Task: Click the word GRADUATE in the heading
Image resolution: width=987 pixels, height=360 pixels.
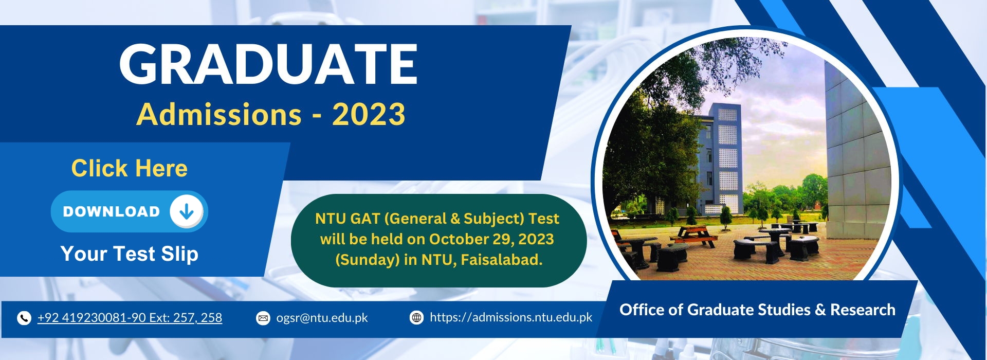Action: pyautogui.click(x=268, y=64)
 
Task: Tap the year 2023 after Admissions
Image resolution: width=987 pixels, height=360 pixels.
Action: pyautogui.click(x=369, y=114)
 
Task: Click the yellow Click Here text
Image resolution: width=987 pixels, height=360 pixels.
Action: pyautogui.click(x=130, y=168)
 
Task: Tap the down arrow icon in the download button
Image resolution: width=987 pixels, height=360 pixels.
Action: pyautogui.click(x=186, y=211)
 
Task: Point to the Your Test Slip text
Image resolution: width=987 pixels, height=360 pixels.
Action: pyautogui.click(x=130, y=254)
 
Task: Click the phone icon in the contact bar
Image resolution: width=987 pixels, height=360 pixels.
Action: pyautogui.click(x=24, y=318)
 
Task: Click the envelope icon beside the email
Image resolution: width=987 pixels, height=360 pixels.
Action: pyautogui.click(x=263, y=318)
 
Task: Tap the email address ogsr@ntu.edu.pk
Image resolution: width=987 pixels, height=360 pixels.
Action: pyautogui.click(x=322, y=318)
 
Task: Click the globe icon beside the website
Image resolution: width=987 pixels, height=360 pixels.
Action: pyautogui.click(x=416, y=318)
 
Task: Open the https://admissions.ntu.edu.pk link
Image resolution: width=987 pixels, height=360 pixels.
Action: pyautogui.click(x=511, y=317)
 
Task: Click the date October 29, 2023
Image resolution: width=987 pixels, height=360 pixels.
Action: pyautogui.click(x=491, y=239)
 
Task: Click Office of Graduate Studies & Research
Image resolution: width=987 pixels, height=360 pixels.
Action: pyautogui.click(x=757, y=310)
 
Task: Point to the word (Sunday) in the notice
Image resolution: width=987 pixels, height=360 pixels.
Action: pyautogui.click(x=367, y=260)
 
